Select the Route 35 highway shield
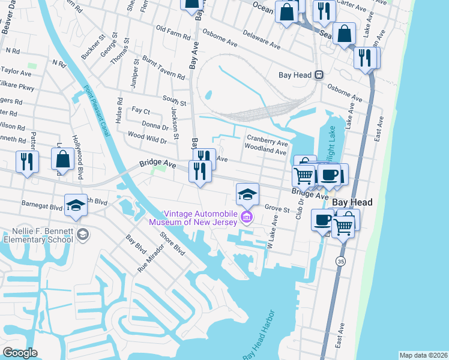[340, 262]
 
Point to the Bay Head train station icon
[319, 75]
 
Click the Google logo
[20, 353]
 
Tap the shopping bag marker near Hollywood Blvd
[63, 160]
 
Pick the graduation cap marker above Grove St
[247, 194]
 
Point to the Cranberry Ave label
[267, 142]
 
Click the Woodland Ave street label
[265, 152]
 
